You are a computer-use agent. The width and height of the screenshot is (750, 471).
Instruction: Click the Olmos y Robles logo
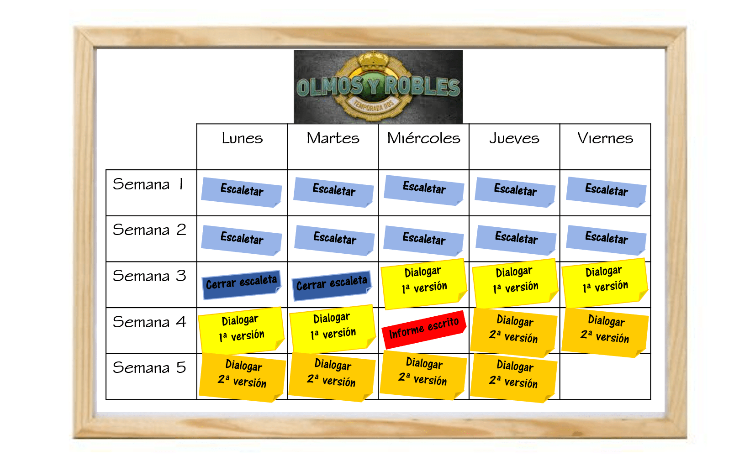pyautogui.click(x=378, y=87)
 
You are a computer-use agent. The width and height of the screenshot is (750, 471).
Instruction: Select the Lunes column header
pyautogui.click(x=242, y=138)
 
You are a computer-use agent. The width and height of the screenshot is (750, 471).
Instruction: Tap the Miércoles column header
pyautogui.click(x=423, y=138)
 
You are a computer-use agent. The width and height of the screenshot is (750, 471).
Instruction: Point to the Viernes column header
pyautogui.click(x=605, y=138)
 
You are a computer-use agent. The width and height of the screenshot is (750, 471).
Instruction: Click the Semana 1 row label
pyautogui.click(x=148, y=184)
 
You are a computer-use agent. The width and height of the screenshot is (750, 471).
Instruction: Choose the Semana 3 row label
pyautogui.click(x=149, y=276)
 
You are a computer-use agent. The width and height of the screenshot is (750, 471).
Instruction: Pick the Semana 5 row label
pyautogui.click(x=149, y=368)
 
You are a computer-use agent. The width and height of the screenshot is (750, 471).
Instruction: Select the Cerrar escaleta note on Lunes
pyautogui.click(x=242, y=285)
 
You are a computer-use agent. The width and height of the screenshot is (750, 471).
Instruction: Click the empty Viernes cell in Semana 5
pyautogui.click(x=605, y=377)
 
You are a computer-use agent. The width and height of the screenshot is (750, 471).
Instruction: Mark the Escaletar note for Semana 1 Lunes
pyautogui.click(x=242, y=192)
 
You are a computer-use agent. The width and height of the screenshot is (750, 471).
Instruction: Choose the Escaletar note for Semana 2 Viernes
pyautogui.click(x=606, y=240)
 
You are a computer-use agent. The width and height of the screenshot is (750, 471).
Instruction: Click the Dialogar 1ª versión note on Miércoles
pyautogui.click(x=424, y=283)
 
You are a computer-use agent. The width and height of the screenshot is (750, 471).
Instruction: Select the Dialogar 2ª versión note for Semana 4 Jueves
pyautogui.click(x=513, y=333)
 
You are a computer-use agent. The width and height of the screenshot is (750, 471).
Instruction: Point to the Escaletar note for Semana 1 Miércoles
pyautogui.click(x=424, y=190)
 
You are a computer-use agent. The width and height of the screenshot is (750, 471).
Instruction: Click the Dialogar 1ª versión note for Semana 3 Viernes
pyautogui.click(x=605, y=283)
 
